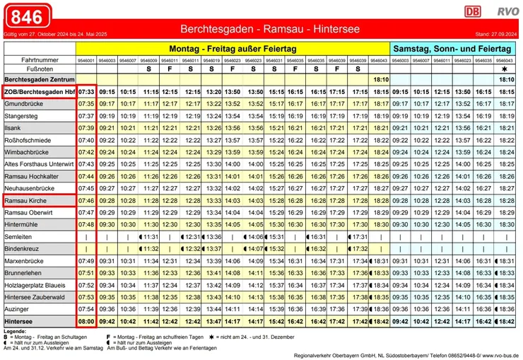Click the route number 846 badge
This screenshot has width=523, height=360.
[x=27, y=16]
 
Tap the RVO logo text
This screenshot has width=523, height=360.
[x=506, y=11]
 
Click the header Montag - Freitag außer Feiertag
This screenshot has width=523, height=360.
[x=233, y=49]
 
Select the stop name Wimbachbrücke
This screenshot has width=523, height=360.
[x=28, y=152]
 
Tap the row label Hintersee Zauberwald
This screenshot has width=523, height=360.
[x=34, y=297]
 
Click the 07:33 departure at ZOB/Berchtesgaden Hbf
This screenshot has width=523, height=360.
[x=86, y=92]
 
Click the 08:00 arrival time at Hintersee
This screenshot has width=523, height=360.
[x=86, y=321]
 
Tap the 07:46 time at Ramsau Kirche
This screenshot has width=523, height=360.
[x=86, y=201]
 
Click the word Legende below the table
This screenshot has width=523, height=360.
[x=15, y=331]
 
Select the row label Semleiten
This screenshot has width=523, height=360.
[x=18, y=237]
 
